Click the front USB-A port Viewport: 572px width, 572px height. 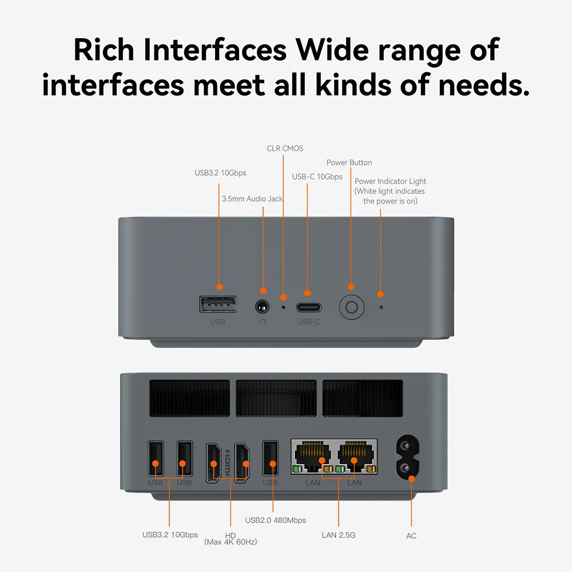pos(218,304)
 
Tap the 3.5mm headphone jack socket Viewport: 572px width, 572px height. pos(263,307)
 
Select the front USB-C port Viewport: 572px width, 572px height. pos(309,308)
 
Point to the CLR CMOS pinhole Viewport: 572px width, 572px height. pos(284,307)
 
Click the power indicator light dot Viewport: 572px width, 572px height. pos(381,307)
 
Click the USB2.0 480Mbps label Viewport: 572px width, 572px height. pos(276,520)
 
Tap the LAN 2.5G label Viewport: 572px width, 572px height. pos(339,535)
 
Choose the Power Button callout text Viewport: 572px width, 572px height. pos(349,162)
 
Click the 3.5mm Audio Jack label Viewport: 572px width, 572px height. pos(252,199)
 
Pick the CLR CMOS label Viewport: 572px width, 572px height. pos(285,149)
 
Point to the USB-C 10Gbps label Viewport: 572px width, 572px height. pos(317,177)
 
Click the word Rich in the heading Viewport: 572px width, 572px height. pos(104,50)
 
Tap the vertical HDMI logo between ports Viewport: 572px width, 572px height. pos(227,463)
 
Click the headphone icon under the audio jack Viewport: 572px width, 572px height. pos(263,321)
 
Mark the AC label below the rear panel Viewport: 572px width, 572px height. pos(411,536)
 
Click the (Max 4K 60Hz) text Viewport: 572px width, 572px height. pos(231,542)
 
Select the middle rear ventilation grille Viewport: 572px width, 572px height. pos(276,398)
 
